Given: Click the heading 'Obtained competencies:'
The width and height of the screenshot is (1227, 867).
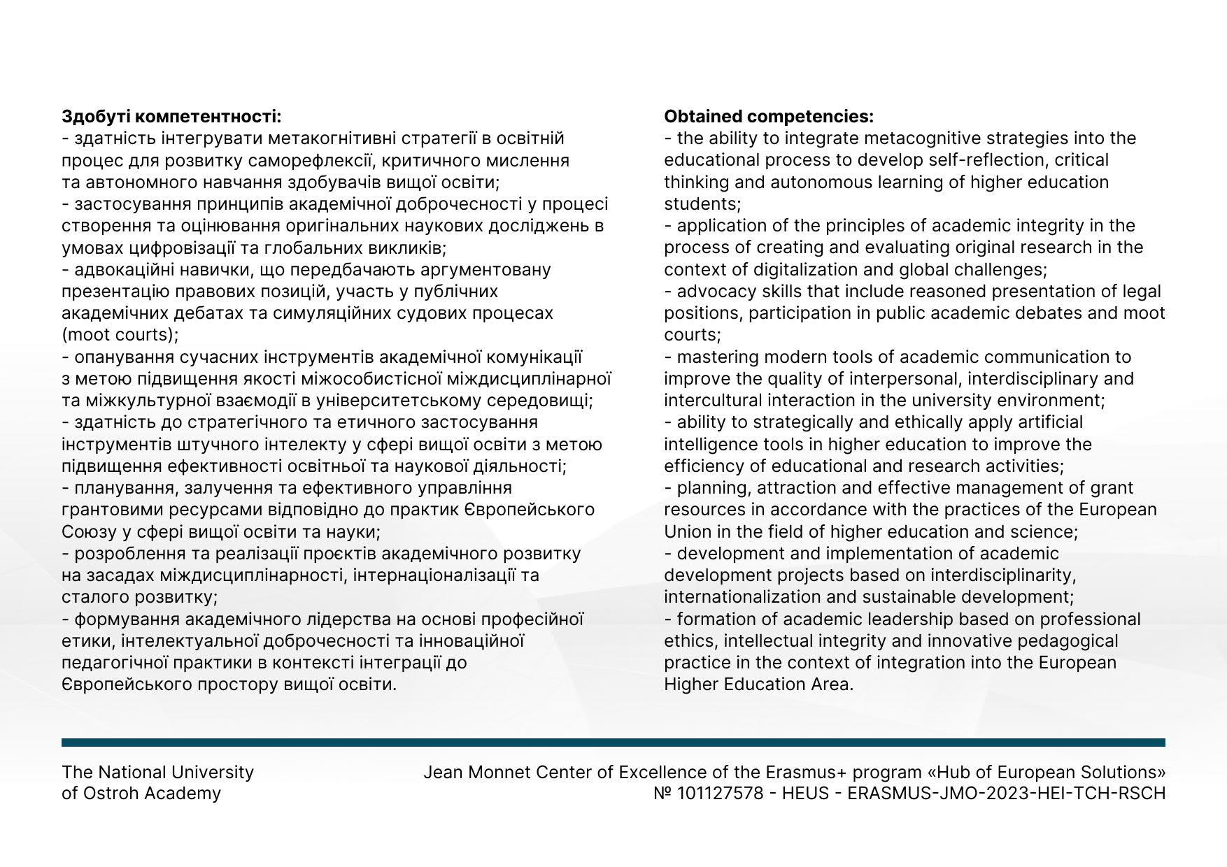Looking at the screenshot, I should pyautogui.click(x=768, y=116).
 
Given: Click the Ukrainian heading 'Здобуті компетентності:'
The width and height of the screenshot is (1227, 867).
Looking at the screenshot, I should pyautogui.click(x=171, y=116).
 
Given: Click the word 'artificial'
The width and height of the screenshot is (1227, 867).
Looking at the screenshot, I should pyautogui.click(x=1043, y=422).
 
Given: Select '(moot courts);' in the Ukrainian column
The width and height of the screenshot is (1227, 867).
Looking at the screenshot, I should pyautogui.click(x=120, y=334).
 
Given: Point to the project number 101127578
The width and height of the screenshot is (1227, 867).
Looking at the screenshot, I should pyautogui.click(x=721, y=793).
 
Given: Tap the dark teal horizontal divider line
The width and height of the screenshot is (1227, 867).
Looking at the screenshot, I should pyautogui.click(x=613, y=742).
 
